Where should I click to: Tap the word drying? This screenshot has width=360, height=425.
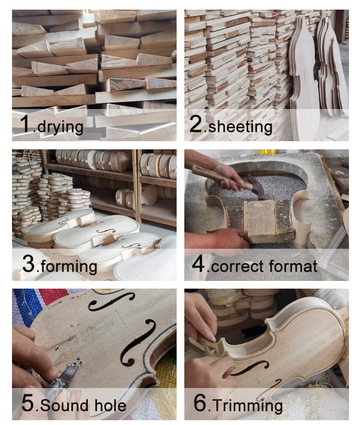point(60,127)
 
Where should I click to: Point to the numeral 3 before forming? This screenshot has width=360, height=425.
point(29,264)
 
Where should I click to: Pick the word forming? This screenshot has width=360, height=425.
point(69,267)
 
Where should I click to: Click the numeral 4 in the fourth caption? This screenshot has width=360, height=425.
point(198,264)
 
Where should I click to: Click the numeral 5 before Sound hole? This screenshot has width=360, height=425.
point(28,403)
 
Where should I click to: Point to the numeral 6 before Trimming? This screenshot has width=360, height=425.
point(201,403)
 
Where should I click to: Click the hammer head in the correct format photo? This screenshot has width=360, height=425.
point(256,187)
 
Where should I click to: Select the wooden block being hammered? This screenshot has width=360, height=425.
point(262,221)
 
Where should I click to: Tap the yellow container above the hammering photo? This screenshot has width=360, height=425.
point(267,152)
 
